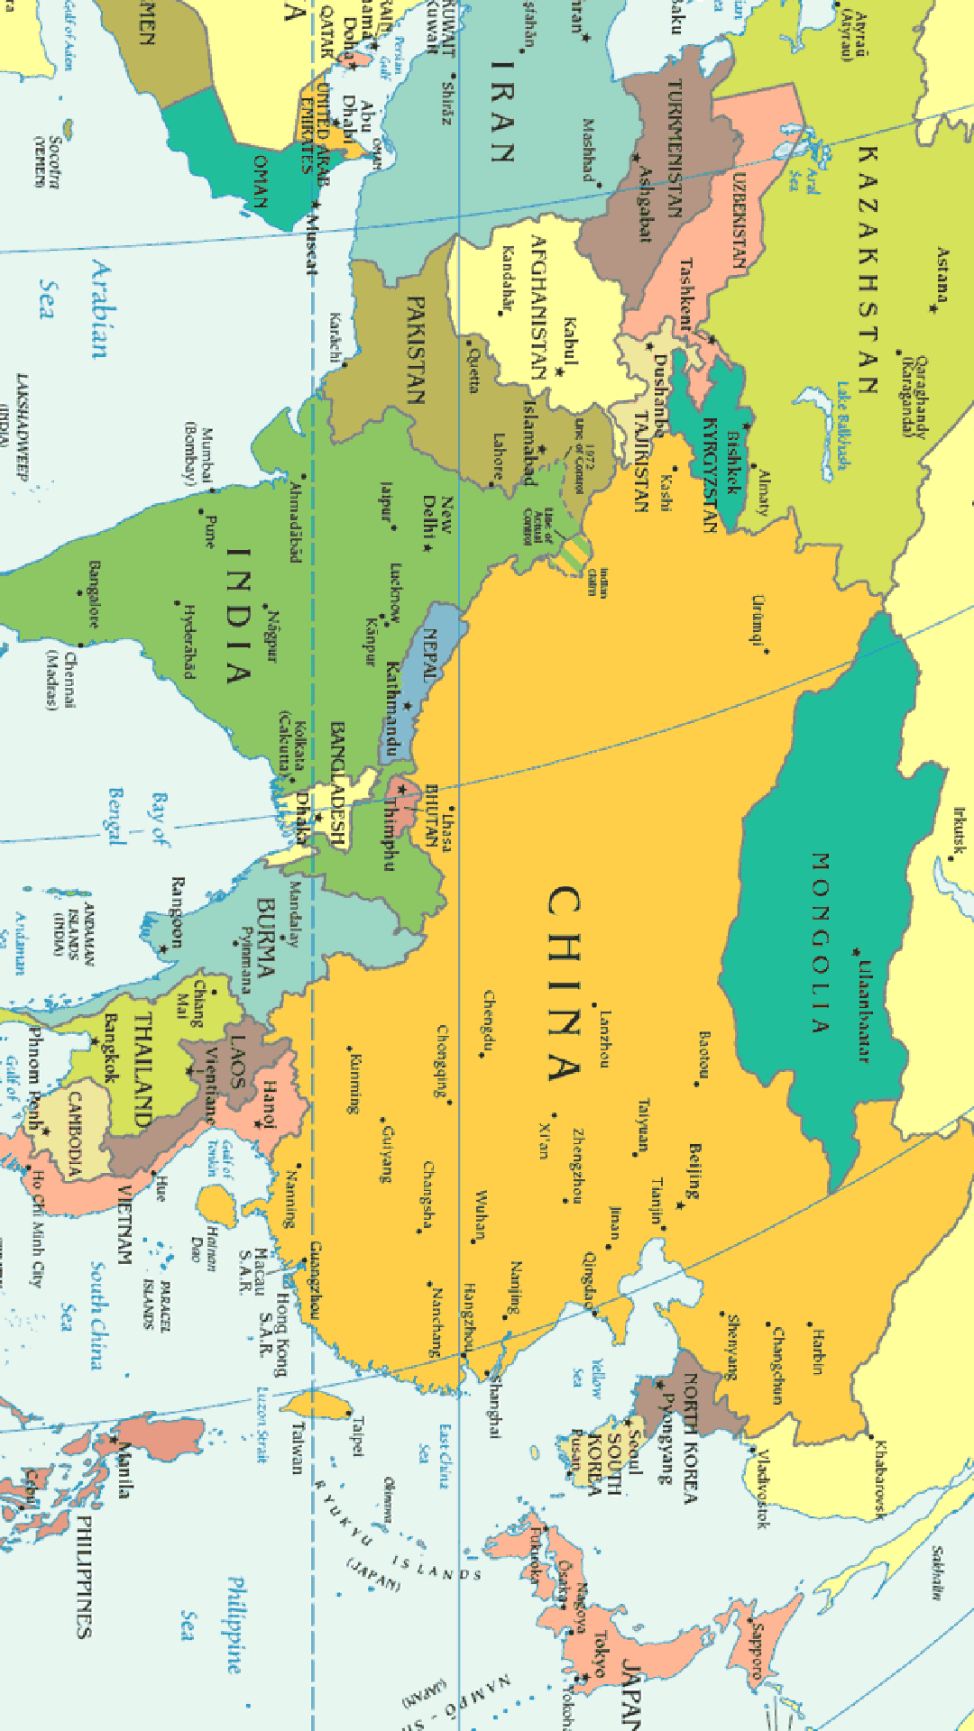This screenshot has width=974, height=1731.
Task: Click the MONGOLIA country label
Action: click(x=819, y=942)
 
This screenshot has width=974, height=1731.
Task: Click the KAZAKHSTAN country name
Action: click(x=867, y=270)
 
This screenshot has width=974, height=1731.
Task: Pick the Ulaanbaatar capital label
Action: click(x=864, y=1011)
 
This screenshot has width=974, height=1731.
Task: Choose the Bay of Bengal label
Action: click(x=135, y=819)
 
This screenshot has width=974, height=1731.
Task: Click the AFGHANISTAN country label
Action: click(x=538, y=307)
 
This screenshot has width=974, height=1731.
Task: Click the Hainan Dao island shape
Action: click(x=216, y=1205)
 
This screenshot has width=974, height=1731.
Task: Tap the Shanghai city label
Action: click(x=494, y=1406)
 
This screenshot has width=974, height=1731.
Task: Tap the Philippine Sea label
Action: click(x=212, y=1623)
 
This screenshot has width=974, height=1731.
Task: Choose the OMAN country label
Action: click(x=261, y=180)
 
